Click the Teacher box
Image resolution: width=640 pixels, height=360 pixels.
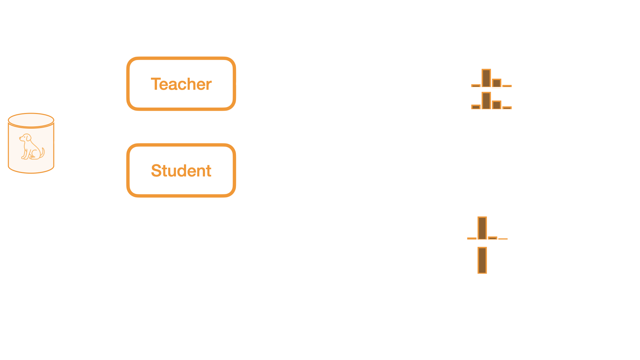[181, 84]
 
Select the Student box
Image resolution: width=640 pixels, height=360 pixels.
[181, 170]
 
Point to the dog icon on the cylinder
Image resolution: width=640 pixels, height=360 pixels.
[31, 147]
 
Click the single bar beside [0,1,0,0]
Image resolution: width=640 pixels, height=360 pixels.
[482, 260]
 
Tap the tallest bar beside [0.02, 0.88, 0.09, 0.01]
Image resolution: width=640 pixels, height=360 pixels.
[482, 228]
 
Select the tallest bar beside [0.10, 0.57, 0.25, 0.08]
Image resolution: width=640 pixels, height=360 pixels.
[486, 78]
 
